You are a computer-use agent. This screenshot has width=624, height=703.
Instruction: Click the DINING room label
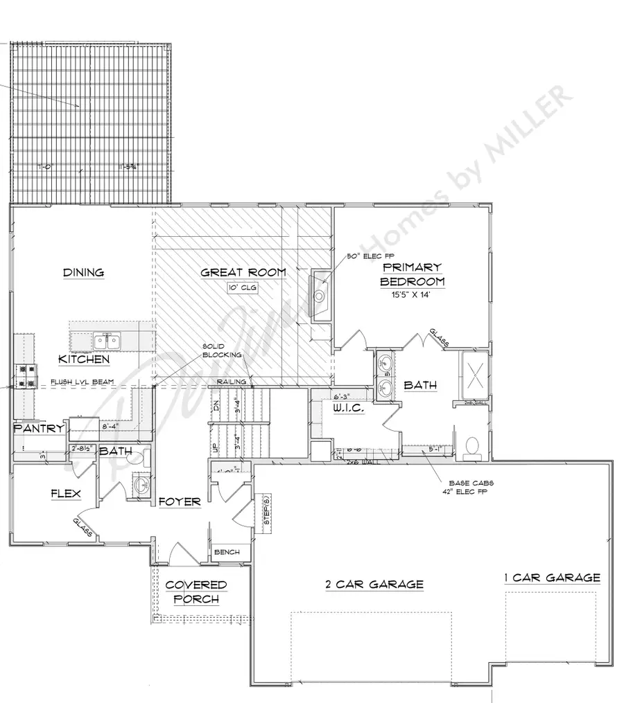tap(83, 272)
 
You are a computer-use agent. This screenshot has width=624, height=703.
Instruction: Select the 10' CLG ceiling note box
tap(242, 288)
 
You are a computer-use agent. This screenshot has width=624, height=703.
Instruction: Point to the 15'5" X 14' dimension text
tap(411, 294)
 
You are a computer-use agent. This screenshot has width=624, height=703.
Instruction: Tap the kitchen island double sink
tap(106, 341)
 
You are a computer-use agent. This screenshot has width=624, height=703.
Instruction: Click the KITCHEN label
tap(83, 359)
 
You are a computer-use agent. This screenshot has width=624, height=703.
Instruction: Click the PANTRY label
tap(38, 429)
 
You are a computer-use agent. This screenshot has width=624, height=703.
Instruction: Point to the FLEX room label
tap(66, 494)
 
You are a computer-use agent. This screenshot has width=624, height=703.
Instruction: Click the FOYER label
tap(179, 501)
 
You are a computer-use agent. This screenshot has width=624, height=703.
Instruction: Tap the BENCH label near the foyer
tap(227, 552)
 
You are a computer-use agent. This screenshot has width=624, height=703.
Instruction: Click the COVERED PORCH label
tap(196, 592)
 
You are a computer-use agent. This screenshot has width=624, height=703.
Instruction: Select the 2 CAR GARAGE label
tap(374, 585)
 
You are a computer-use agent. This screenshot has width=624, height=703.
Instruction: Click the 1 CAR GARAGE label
tap(552, 577)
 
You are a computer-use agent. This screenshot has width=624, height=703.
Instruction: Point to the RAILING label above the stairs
tap(230, 382)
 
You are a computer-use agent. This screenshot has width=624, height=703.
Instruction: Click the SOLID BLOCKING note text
tap(222, 350)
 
